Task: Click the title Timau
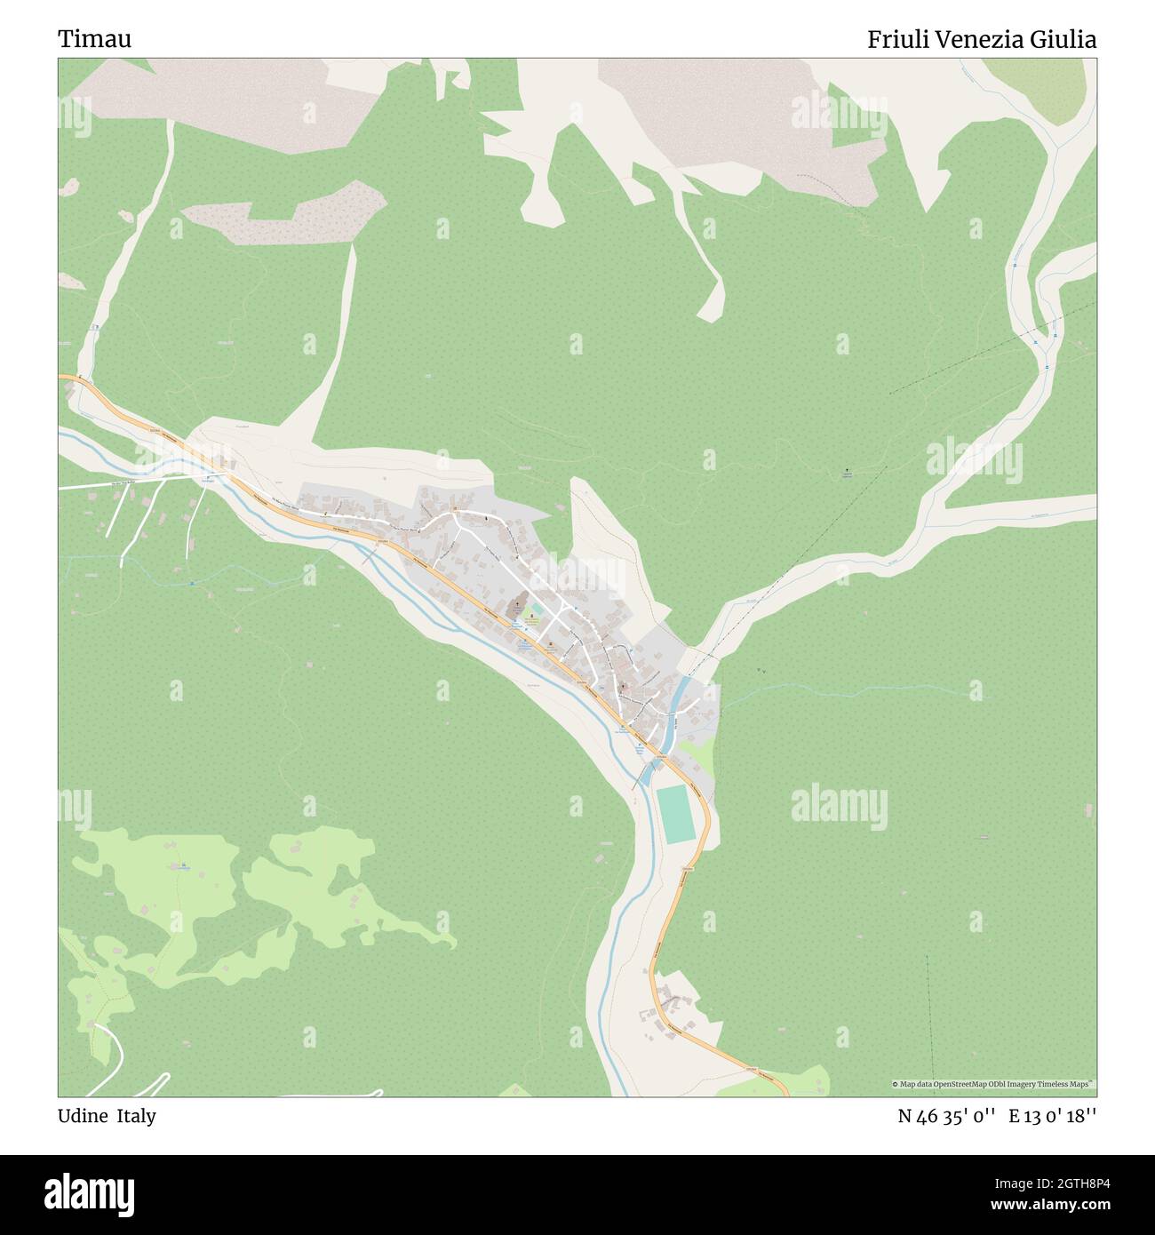click(95, 40)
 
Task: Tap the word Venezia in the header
click(984, 40)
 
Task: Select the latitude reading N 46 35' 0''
click(947, 1116)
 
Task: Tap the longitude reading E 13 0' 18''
click(1052, 1116)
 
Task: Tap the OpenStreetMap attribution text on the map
click(993, 1084)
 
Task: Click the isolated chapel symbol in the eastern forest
click(846, 472)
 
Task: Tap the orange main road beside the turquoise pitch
click(705, 817)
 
